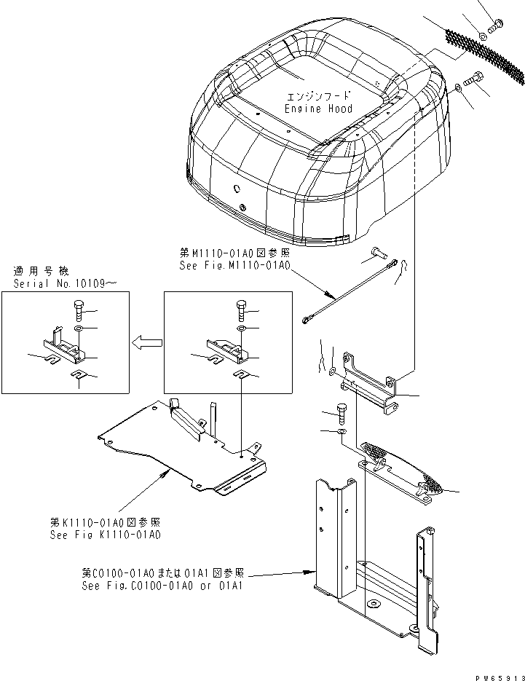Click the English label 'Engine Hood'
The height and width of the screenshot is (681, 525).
pos(319,109)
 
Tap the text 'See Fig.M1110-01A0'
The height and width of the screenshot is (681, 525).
pos(234,267)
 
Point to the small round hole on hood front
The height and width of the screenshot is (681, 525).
pos(237,187)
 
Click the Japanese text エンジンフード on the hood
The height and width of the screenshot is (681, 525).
pos(318,96)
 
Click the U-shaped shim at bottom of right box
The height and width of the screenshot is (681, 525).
pos(241,374)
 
